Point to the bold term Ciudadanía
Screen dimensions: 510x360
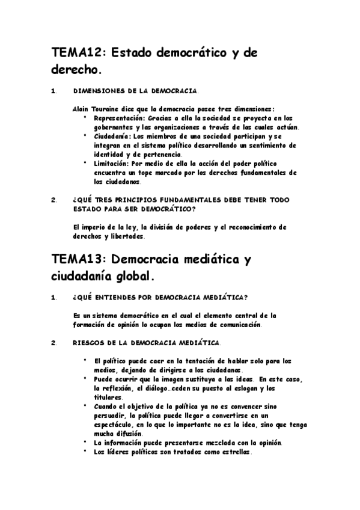115,137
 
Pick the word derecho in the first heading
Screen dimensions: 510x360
75,70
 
